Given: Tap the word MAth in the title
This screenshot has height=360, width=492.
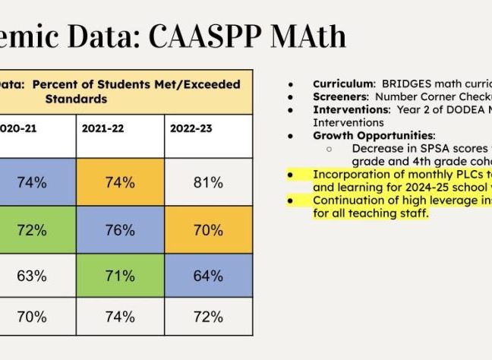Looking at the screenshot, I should (x=306, y=35).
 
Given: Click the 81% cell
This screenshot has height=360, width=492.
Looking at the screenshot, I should (x=207, y=182).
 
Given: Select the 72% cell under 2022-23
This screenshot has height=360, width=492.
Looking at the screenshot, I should (x=207, y=316).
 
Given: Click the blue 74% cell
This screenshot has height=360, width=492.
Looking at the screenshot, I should (x=33, y=182).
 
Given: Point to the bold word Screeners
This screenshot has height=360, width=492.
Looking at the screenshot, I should (x=336, y=98).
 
